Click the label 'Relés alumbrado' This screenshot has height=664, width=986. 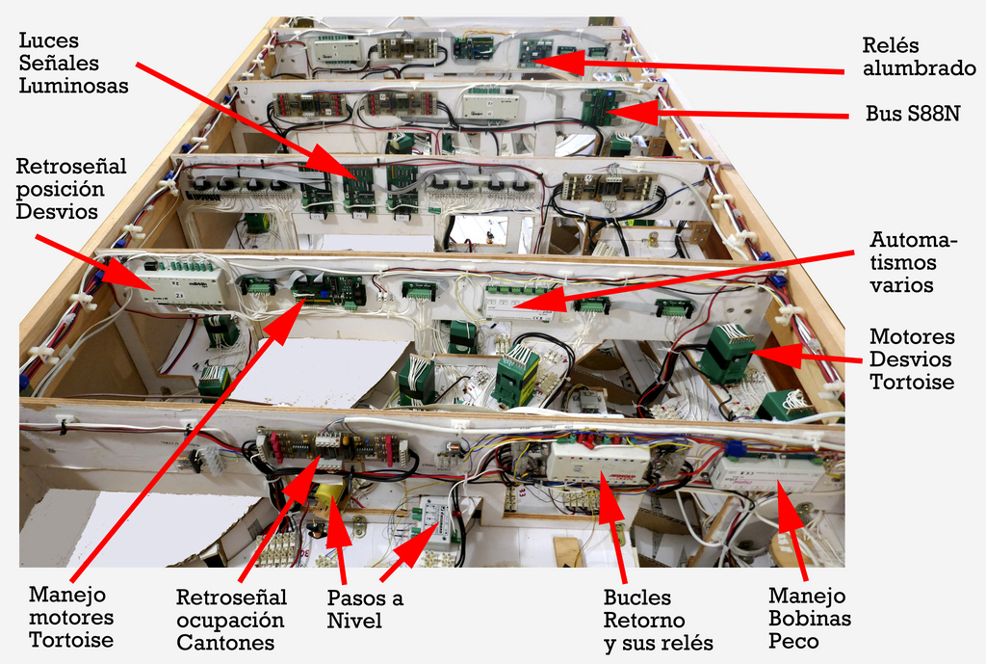point(918,56)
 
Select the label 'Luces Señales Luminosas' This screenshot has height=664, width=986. point(73,63)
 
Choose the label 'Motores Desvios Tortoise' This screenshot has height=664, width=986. point(911,359)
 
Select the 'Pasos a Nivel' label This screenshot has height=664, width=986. point(365,609)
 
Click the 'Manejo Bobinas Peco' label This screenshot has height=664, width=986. point(809,619)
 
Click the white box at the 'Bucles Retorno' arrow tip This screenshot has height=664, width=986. point(598,462)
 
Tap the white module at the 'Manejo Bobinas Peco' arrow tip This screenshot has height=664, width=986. point(767,473)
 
